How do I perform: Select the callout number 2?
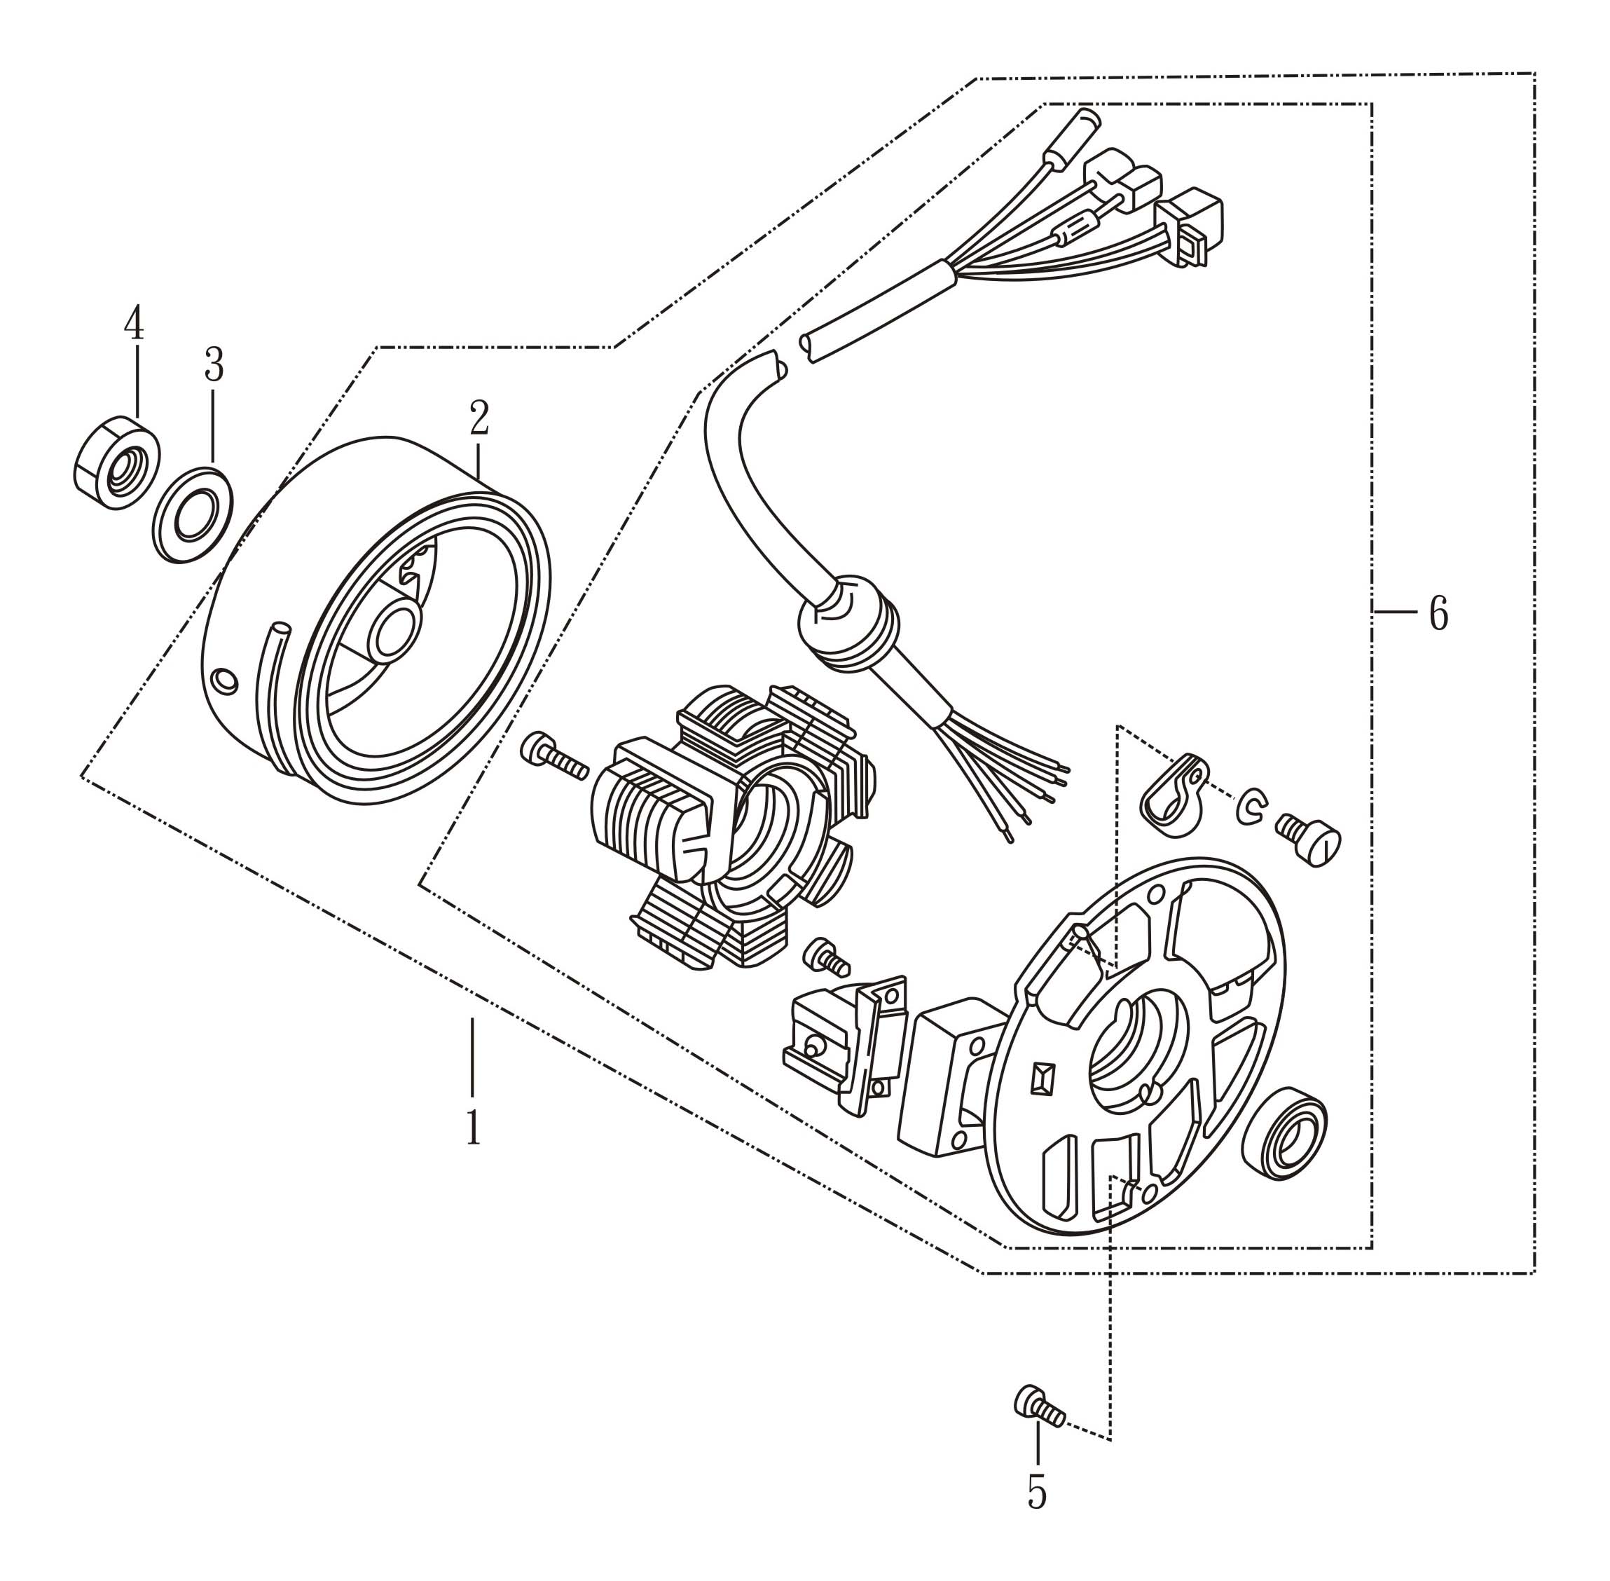point(479,418)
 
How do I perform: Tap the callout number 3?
point(214,365)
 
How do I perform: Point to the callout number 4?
point(134,323)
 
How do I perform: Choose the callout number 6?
point(1438,614)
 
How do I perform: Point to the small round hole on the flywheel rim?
point(224,681)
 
